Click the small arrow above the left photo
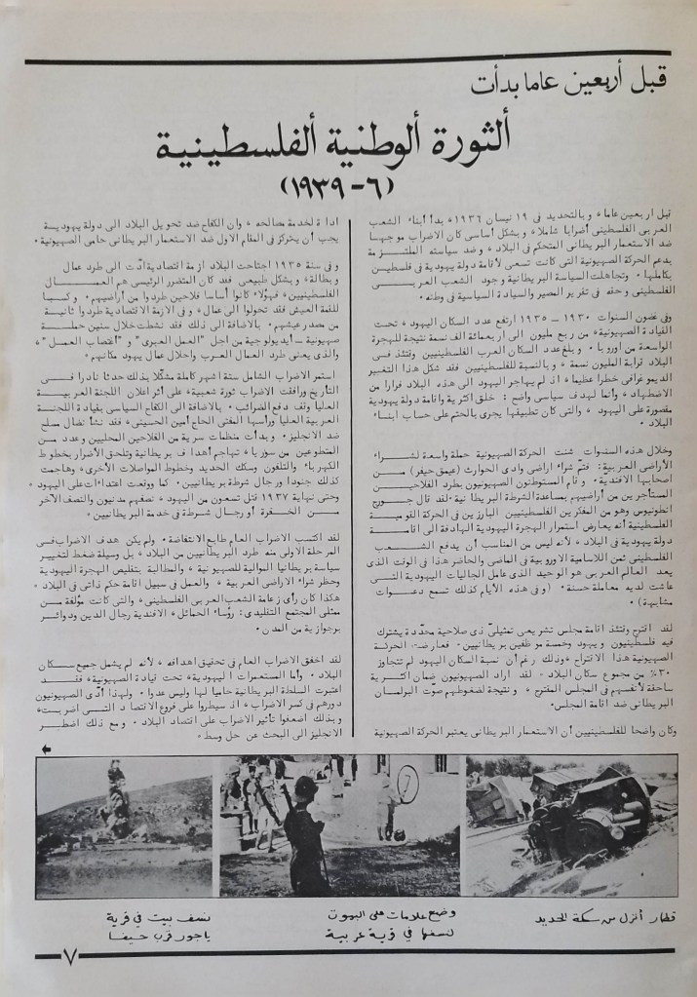46,748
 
